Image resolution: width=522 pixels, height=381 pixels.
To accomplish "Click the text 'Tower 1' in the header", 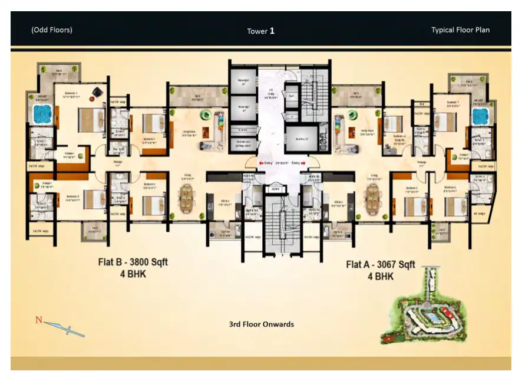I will point(260,31).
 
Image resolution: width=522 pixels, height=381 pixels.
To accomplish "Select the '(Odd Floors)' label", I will point(52,30).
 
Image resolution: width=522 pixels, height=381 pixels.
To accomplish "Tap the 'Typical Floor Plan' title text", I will point(460,30).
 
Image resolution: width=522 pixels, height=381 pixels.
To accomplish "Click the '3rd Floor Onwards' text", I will point(261,324).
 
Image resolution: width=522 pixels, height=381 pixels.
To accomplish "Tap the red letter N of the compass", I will point(39,320).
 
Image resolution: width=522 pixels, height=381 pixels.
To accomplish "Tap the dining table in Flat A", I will point(373,196).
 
